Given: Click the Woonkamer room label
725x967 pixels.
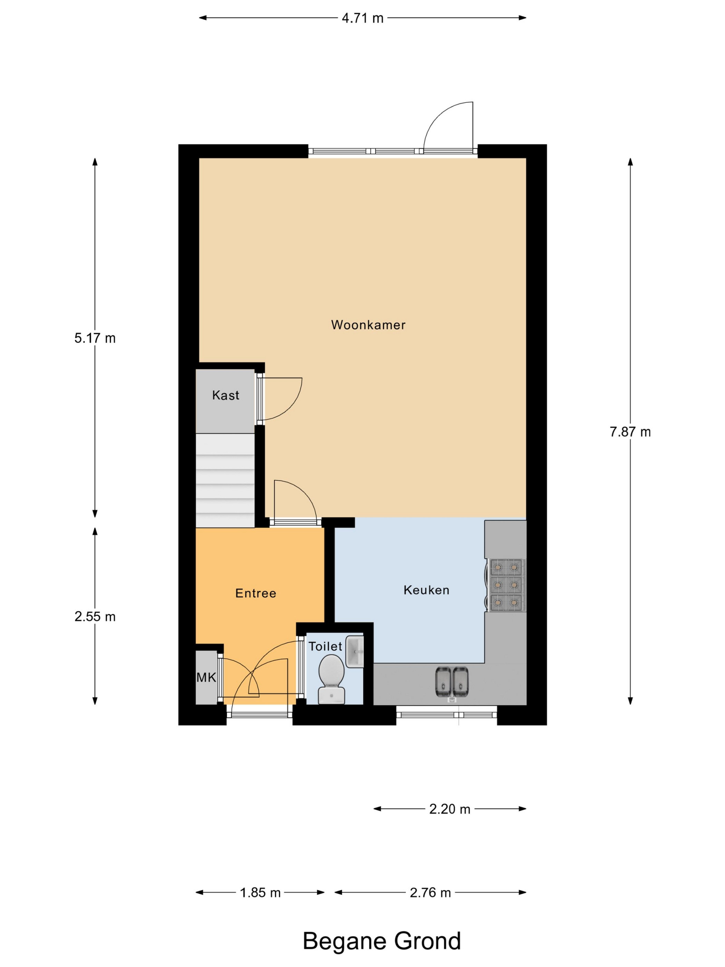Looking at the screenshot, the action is pos(368,325).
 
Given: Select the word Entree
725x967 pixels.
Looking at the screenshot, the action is pos(256,593).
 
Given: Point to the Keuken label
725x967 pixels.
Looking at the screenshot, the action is pos(426,590).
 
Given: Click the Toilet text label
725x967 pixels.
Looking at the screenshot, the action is pos(325,647).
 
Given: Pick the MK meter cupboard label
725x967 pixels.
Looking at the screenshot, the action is pos(206,678).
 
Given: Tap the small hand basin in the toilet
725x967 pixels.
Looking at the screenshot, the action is pos(355,651).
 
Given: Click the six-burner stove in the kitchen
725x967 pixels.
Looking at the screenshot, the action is pos(507,585).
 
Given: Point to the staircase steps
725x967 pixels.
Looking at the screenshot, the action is pos(225,480).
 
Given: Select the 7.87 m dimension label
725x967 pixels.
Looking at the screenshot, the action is pos(630,432).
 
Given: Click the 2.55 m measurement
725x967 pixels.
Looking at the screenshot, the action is pos(95,616).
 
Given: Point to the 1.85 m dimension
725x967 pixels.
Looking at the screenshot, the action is pos(260,893).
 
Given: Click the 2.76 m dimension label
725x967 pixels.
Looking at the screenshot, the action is pos(430,893).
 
